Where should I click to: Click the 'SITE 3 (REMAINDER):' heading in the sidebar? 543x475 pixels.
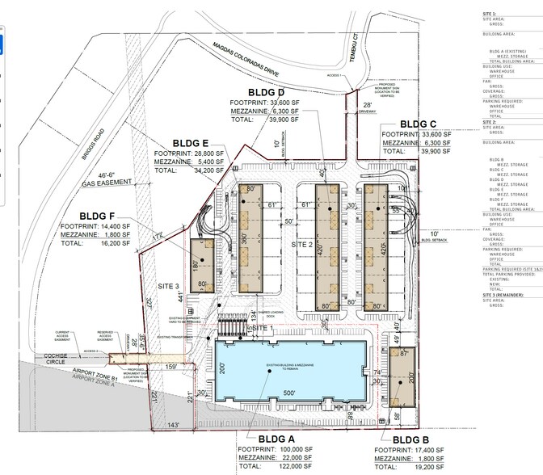[506, 296]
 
